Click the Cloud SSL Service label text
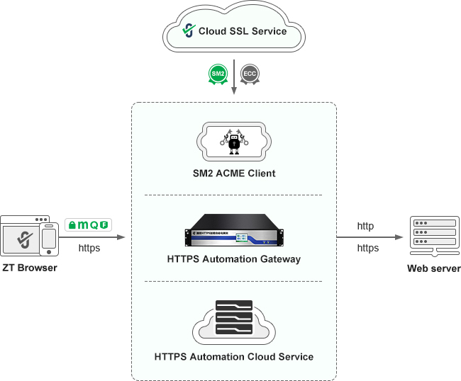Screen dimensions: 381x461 point(243,31)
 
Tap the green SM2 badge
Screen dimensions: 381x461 point(218,74)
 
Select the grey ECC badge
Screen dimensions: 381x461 point(250,74)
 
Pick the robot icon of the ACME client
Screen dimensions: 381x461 point(233,141)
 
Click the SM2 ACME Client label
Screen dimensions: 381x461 point(233,173)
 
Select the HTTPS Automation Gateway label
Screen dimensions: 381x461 point(233,259)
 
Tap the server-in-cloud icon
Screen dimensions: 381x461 point(233,321)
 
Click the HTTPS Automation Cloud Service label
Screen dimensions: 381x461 point(233,356)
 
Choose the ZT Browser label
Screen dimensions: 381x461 point(29,268)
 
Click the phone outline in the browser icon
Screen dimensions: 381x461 point(49,239)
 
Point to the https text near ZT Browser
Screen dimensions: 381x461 point(89,248)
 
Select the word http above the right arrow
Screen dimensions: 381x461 point(365,227)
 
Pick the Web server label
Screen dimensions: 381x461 point(433,268)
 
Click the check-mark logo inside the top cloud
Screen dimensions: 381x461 point(188,30)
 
